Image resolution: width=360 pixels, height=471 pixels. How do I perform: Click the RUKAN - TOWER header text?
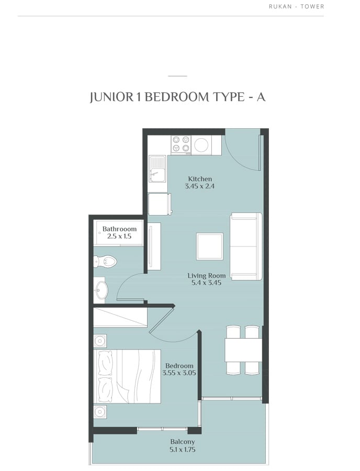[296, 6]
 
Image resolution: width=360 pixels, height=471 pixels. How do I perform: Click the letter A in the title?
[261, 97]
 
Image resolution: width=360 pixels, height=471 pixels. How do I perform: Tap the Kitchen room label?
[200, 179]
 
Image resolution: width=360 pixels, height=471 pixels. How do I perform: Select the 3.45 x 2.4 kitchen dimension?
[200, 186]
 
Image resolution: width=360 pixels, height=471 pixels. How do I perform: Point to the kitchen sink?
[157, 169]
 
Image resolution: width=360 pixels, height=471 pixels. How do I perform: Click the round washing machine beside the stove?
[201, 145]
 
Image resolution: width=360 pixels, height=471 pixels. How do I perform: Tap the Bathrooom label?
[119, 229]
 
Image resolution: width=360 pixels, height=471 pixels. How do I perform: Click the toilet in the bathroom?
[105, 261]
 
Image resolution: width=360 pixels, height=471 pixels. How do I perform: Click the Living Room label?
[207, 275]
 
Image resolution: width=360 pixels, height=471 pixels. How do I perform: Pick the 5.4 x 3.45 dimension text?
[207, 283]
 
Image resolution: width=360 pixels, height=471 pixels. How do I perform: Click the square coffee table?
[210, 246]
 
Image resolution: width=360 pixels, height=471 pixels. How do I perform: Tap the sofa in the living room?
[246, 246]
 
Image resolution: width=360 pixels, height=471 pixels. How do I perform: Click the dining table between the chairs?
[243, 350]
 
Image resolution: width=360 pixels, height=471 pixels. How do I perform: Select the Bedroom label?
[179, 366]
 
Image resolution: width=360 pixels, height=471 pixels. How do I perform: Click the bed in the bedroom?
[127, 376]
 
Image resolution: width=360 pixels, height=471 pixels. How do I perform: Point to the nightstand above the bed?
[100, 341]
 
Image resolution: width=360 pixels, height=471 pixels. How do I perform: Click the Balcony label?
[183, 442]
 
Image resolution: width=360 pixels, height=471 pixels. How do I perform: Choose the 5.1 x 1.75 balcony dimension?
[183, 450]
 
